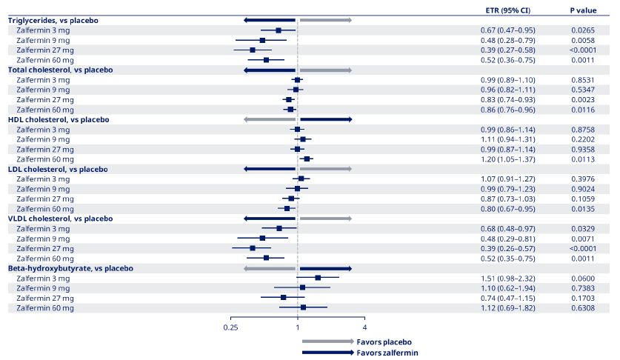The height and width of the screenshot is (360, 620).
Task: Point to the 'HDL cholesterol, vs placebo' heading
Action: [58, 119]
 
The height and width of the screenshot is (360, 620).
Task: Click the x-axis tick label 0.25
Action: [230, 327]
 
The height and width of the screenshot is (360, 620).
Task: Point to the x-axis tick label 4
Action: [364, 327]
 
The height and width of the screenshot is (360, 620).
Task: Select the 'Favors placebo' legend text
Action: [384, 342]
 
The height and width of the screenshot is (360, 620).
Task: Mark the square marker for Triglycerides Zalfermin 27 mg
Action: [253, 50]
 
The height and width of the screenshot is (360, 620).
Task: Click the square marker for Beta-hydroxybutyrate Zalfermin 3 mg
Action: [318, 278]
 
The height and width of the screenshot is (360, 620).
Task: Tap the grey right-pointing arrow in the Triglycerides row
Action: [325, 20]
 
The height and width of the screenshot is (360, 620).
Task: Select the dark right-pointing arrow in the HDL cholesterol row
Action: [326, 119]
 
